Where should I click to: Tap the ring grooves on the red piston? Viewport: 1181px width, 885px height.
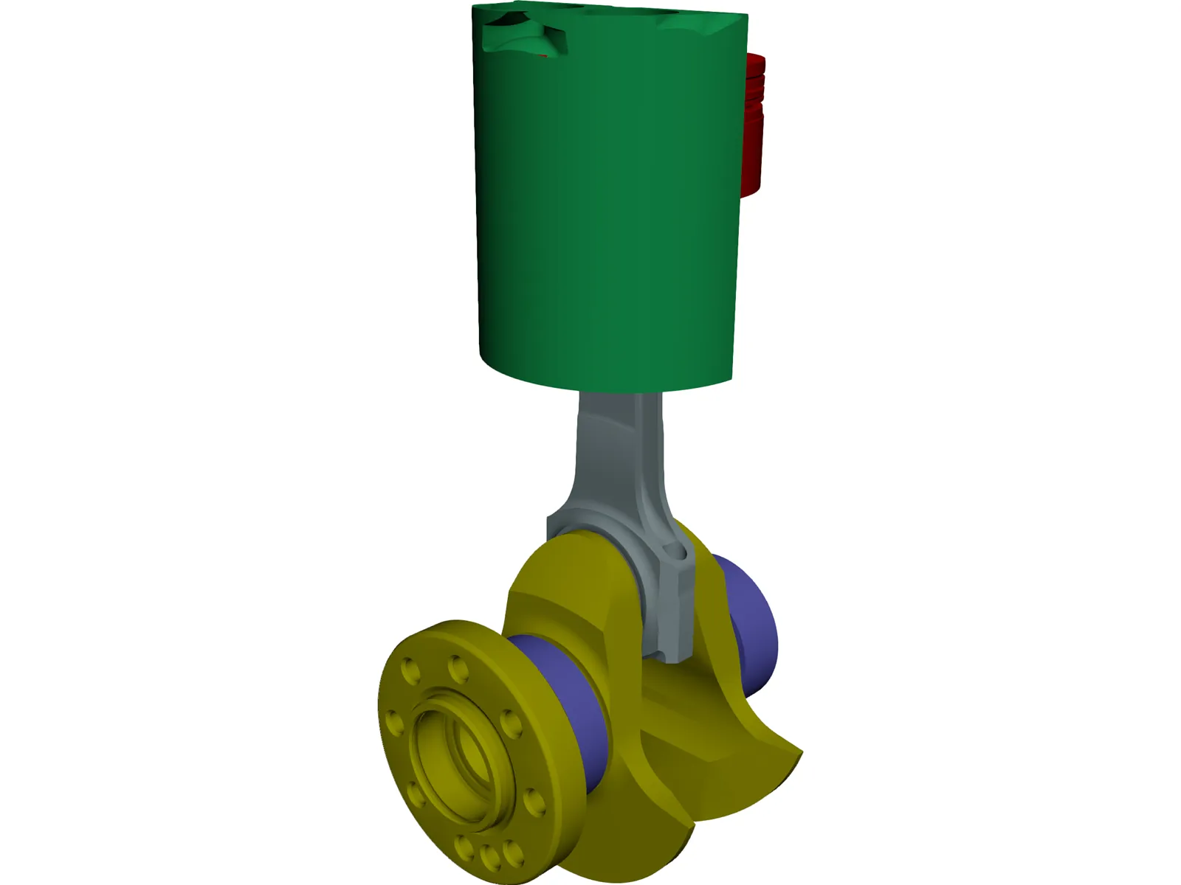tap(756, 81)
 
